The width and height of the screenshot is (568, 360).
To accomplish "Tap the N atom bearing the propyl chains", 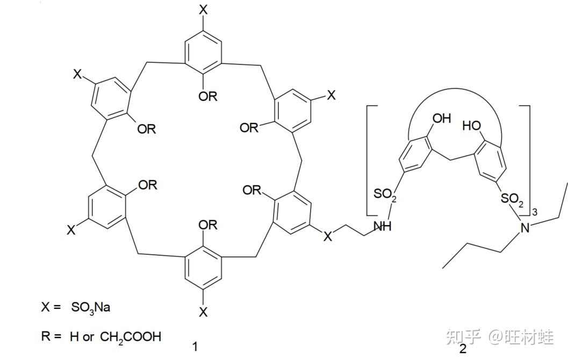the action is [526, 228].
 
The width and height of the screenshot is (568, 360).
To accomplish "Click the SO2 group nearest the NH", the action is [385, 195].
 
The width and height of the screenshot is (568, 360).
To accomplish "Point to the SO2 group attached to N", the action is [512, 200].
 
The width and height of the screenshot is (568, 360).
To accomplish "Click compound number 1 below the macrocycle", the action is [195, 347].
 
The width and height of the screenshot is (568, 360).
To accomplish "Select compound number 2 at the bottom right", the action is [463, 349].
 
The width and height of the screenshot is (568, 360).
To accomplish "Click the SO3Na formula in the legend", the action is [91, 308].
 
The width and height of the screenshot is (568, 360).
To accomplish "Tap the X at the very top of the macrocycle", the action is [203, 9].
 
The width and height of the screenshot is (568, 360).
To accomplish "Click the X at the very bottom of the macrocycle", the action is [203, 312].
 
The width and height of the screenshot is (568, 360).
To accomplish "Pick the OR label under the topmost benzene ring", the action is [207, 96].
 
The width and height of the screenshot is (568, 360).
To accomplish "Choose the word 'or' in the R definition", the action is [89, 337].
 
